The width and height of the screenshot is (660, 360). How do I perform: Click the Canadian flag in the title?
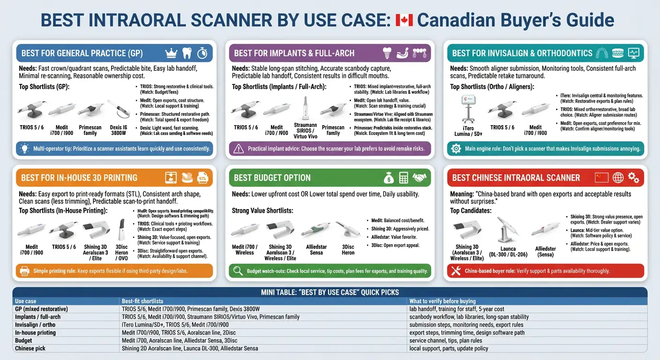[x=404, y=20]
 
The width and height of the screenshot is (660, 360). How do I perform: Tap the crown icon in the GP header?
[x=171, y=53]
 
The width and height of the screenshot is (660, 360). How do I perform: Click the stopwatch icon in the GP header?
[x=202, y=53]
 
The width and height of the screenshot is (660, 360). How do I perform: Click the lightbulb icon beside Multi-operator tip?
[x=23, y=149]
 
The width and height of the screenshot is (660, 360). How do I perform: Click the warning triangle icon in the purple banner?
[x=240, y=149]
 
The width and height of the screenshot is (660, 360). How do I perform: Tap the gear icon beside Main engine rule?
[x=456, y=149]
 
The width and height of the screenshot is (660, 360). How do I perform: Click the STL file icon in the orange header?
[x=202, y=178]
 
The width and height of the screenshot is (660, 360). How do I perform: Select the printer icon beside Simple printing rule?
[x=25, y=271]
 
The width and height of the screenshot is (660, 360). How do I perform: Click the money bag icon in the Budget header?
[x=389, y=178]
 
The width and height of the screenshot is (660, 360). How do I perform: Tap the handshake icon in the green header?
[x=421, y=178]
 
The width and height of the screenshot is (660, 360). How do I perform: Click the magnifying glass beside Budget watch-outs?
[x=238, y=271]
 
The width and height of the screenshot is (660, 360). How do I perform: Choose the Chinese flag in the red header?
[x=601, y=178]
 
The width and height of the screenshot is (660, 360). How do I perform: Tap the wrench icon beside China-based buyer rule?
[x=455, y=271]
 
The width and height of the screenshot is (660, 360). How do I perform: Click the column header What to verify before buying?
[x=442, y=301]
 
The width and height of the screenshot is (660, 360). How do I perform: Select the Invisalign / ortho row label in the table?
[x=35, y=325]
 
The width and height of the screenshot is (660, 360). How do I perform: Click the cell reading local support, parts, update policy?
[x=449, y=348]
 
